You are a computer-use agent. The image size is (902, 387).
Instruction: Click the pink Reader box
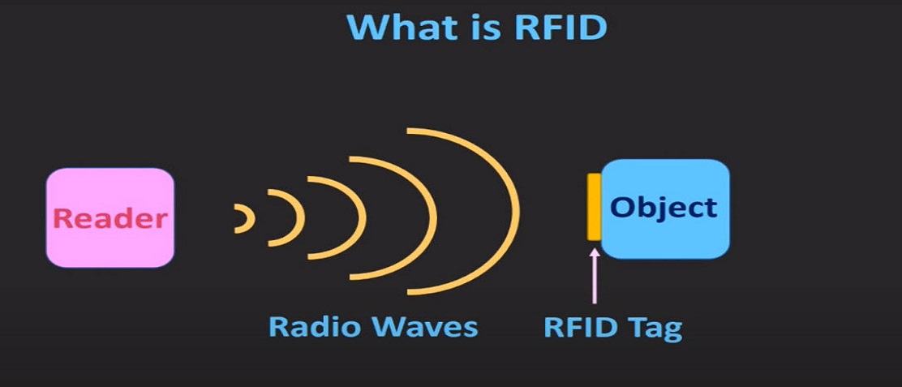(110, 218)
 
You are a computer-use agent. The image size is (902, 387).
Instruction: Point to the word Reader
(110, 218)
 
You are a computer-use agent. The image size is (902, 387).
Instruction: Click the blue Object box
(665, 209)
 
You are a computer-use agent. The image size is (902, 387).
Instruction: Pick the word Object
(664, 209)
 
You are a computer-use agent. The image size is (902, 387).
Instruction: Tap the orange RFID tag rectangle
(594, 207)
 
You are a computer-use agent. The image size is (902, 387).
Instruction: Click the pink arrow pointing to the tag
(595, 276)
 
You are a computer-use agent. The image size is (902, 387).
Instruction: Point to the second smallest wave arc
(301, 218)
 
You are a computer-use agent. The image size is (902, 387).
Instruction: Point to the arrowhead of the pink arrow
(595, 252)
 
